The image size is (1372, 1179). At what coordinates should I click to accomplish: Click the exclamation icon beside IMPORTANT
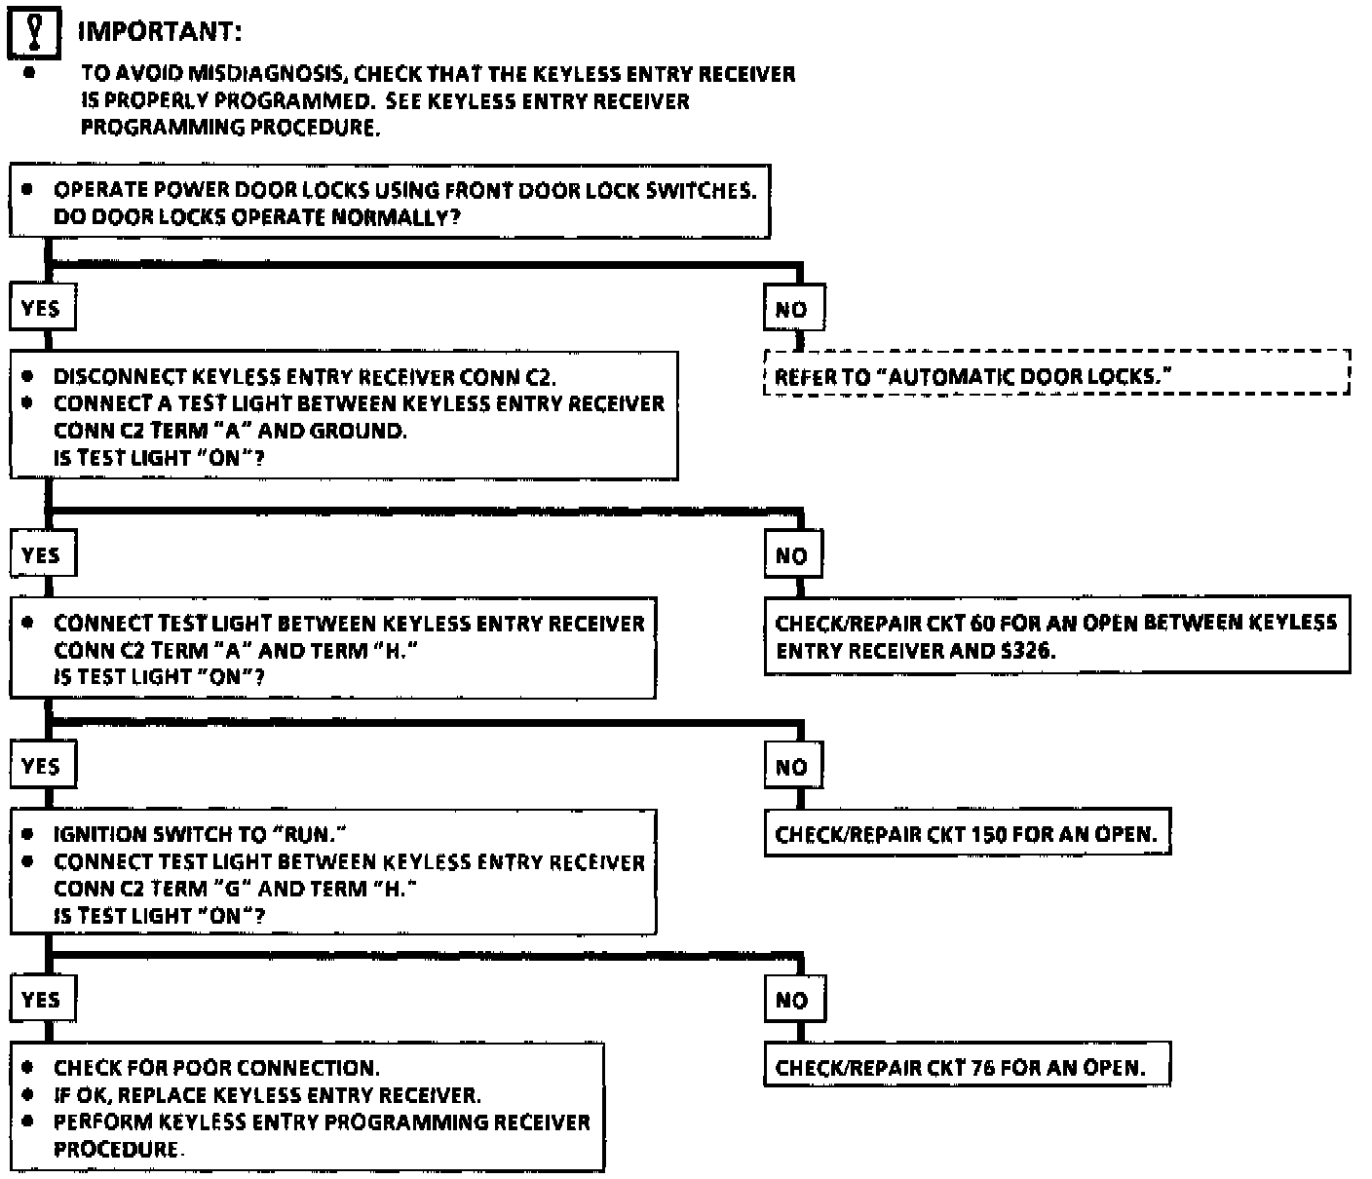pyautogui.click(x=33, y=31)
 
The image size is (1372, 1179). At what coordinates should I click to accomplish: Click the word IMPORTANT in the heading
pyautogui.click(x=159, y=31)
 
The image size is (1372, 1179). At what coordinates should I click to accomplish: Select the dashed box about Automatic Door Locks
pyautogui.click(x=1056, y=373)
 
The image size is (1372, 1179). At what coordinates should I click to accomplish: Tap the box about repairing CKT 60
pyautogui.click(x=1056, y=635)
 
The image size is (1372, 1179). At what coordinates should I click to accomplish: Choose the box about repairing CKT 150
pyautogui.click(x=967, y=834)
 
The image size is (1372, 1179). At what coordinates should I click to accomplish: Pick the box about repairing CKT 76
pyautogui.click(x=967, y=1066)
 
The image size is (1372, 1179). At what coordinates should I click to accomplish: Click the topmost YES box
pyautogui.click(x=42, y=309)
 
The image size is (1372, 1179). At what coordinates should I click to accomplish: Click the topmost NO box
pyautogui.click(x=793, y=310)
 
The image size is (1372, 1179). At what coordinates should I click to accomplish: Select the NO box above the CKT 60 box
pyautogui.click(x=793, y=555)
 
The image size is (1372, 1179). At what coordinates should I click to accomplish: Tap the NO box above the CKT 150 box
pyautogui.click(x=793, y=767)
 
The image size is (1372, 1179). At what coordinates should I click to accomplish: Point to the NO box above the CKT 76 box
pyautogui.click(x=793, y=1000)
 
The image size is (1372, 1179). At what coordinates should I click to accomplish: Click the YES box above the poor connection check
pyautogui.click(x=42, y=999)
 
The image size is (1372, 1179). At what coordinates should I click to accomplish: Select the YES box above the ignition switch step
pyautogui.click(x=42, y=767)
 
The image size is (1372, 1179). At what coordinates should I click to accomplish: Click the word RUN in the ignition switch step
pyautogui.click(x=309, y=834)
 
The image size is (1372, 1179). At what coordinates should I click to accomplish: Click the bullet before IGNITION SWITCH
pyautogui.click(x=28, y=834)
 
